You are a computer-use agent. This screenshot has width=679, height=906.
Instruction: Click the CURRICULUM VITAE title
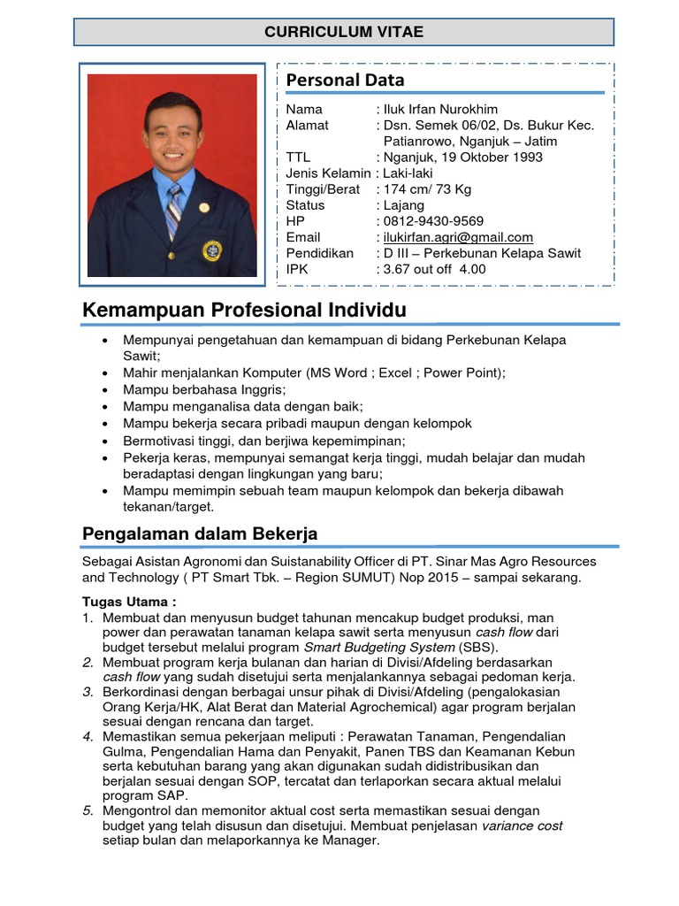pyautogui.click(x=344, y=32)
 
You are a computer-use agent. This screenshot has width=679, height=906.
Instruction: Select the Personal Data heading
pyautogui.click(x=345, y=81)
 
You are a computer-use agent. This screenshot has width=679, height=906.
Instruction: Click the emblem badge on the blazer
pyautogui.click(x=212, y=250)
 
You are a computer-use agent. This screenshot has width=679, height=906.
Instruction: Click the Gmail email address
pyautogui.click(x=457, y=237)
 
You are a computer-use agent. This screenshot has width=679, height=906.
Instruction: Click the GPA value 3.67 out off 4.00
pyautogui.click(x=434, y=269)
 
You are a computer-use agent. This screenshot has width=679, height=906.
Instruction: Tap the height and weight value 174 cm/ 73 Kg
pyautogui.click(x=427, y=189)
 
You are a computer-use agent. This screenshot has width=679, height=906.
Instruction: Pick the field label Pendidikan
pyautogui.click(x=319, y=253)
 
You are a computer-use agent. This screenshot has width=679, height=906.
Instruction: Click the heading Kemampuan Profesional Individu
pyautogui.click(x=244, y=311)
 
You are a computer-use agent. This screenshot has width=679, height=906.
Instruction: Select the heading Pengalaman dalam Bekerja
pyautogui.click(x=200, y=534)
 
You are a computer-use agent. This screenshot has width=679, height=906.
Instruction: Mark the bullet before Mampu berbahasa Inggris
pyautogui.click(x=106, y=389)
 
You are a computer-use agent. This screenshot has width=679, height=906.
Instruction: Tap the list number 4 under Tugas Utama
pyautogui.click(x=88, y=736)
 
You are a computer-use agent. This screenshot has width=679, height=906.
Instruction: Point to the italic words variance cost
pyautogui.click(x=522, y=825)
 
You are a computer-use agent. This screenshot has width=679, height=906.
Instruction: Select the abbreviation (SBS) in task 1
pyautogui.click(x=478, y=648)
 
